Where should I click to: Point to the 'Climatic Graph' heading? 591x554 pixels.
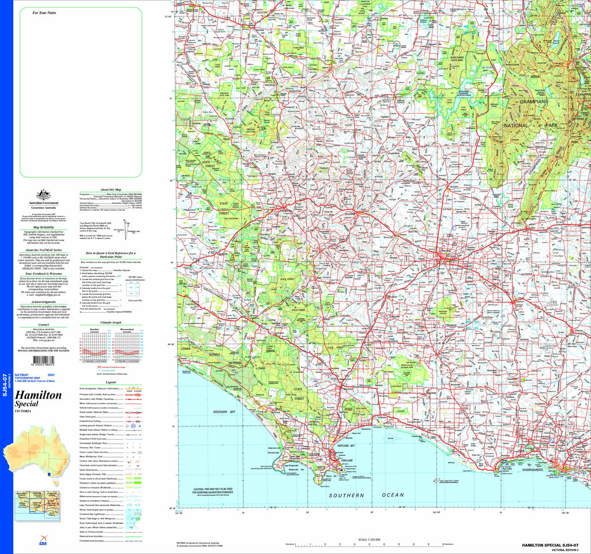click(111, 322)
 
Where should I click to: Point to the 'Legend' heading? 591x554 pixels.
click(111, 383)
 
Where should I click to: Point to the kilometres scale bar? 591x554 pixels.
click(369, 545)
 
